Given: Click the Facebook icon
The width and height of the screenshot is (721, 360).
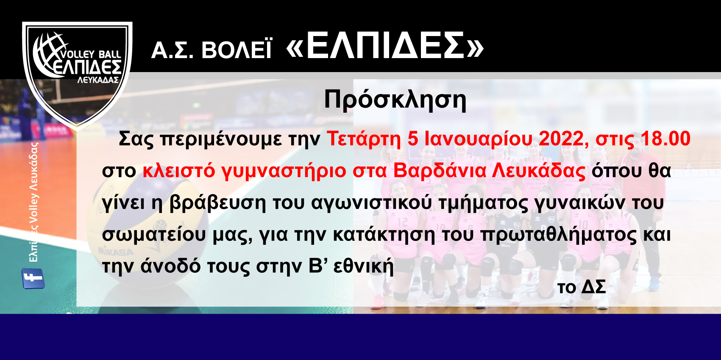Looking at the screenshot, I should pyautogui.click(x=33, y=279).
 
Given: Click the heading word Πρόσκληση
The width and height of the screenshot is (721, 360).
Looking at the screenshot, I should pyautogui.click(x=395, y=100).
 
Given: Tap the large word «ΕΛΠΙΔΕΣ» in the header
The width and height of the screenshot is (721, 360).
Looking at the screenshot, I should pyautogui.click(x=385, y=46).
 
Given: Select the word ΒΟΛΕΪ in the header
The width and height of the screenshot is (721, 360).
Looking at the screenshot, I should pyautogui.click(x=236, y=50).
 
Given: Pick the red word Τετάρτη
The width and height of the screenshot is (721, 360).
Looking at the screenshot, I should pyautogui.click(x=364, y=139).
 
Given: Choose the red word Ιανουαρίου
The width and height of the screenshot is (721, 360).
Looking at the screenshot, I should pyautogui.click(x=478, y=139).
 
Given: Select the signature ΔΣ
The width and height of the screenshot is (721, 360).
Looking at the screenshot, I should pyautogui.click(x=593, y=287).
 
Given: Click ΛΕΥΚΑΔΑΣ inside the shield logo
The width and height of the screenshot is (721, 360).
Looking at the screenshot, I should pyautogui.click(x=98, y=80).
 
